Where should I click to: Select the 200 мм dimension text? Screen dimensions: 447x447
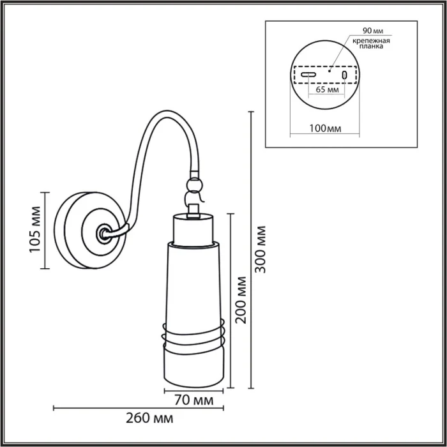pyautogui.click(x=241, y=300)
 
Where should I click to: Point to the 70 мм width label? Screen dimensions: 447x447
pyautogui.click(x=193, y=401)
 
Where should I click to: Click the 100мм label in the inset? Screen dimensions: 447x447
pyautogui.click(x=324, y=128)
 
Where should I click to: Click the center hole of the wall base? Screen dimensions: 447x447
pyautogui.click(x=102, y=234)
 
